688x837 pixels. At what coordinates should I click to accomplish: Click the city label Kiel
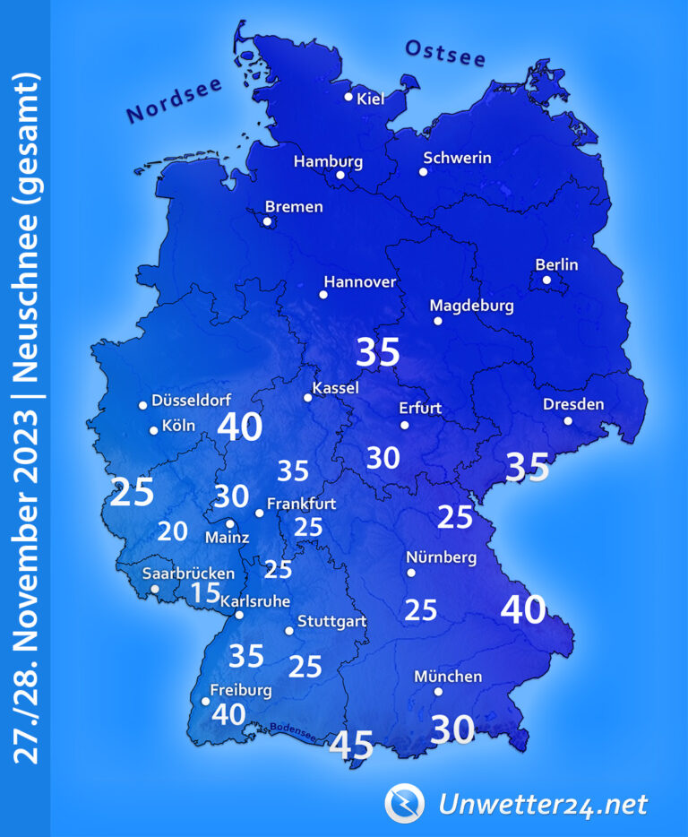370,99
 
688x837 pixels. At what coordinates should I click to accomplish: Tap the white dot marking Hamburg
340,176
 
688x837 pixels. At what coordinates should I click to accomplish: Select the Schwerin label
457,158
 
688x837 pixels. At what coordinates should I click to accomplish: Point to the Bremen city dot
267,221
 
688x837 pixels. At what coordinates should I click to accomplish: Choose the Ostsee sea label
445,54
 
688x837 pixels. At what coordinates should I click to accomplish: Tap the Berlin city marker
546,280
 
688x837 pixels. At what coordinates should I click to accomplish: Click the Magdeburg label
472,306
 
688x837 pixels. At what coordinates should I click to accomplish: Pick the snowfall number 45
351,745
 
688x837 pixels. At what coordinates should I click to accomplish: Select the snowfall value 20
173,531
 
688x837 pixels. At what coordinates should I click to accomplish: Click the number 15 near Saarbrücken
205,592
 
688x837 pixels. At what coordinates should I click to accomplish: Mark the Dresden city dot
568,420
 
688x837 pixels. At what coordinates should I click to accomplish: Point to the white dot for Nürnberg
411,572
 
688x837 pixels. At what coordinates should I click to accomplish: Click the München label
448,677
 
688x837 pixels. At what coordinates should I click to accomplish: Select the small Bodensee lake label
292,730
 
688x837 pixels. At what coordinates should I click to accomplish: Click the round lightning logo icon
402,802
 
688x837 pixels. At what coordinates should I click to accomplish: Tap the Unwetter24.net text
542,804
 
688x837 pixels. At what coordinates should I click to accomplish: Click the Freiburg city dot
206,702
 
